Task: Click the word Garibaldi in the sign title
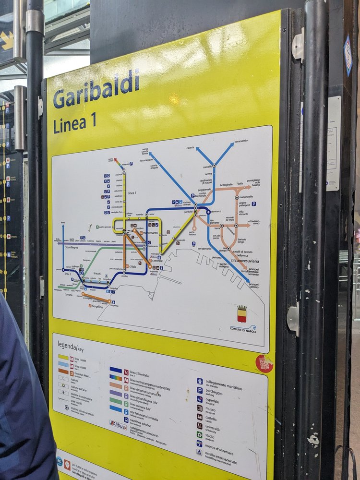pos(96,89)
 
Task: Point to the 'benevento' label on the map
pos(241,141)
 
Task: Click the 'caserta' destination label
pos(191,148)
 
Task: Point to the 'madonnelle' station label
pos(245,197)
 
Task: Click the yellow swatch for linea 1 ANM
pos(63,357)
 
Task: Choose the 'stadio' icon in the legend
pos(199,434)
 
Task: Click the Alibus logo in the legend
pos(117,424)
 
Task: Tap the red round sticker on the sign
pos(264,363)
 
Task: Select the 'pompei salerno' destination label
pos(253,286)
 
